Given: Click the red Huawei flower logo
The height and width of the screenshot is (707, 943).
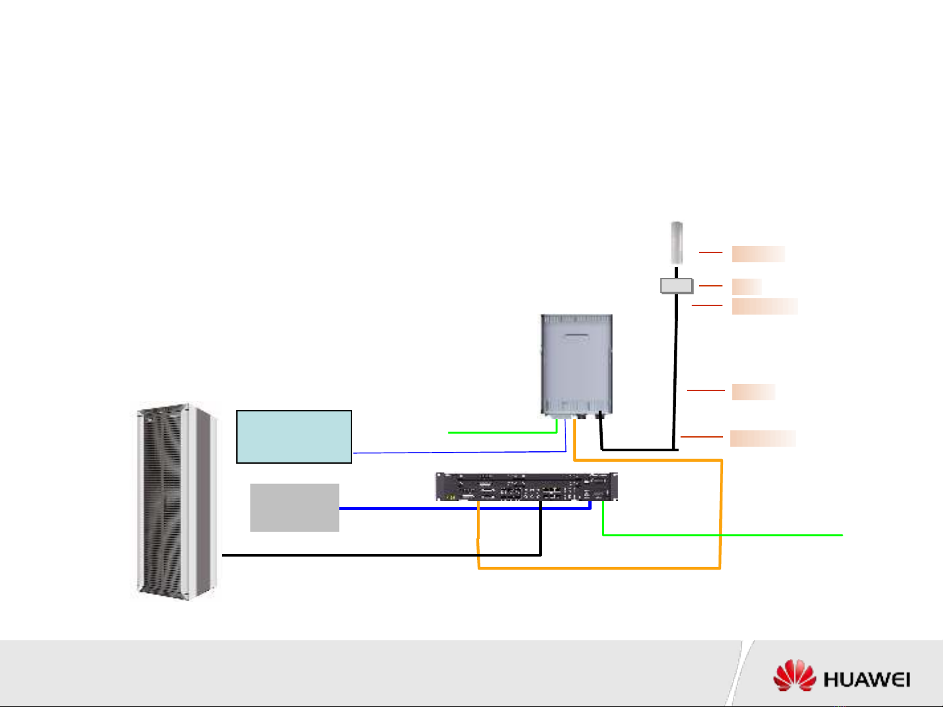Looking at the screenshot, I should coord(794,676).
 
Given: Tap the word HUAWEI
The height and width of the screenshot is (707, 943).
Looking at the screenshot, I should coord(866,680).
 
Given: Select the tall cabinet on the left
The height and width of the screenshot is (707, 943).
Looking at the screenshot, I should coord(175,501).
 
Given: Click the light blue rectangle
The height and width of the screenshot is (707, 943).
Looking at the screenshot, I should coord(294,437).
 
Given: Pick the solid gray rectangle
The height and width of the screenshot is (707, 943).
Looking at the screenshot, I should coord(294,508).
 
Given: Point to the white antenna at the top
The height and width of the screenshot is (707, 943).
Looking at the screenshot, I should coord(677,243).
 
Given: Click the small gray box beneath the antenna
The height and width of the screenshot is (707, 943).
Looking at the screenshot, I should coord(676,286).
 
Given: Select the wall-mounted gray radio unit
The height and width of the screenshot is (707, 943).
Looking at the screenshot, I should coord(577,364).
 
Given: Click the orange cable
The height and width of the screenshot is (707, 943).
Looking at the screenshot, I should coord(721,517).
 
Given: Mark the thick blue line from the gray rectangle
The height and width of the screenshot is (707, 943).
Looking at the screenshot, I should coord(458,508).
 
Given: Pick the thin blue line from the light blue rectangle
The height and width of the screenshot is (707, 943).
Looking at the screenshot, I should coord(458,452).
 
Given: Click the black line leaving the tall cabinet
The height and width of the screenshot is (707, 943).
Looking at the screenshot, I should coord(380,555).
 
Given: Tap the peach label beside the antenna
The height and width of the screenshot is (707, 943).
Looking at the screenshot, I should coord(758,254).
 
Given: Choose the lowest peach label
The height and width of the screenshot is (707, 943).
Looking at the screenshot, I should coord(763,438).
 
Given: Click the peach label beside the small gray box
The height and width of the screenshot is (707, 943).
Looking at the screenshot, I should coord(747,286).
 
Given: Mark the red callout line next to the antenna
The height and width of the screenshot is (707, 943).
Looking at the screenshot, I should coord(711,252).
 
